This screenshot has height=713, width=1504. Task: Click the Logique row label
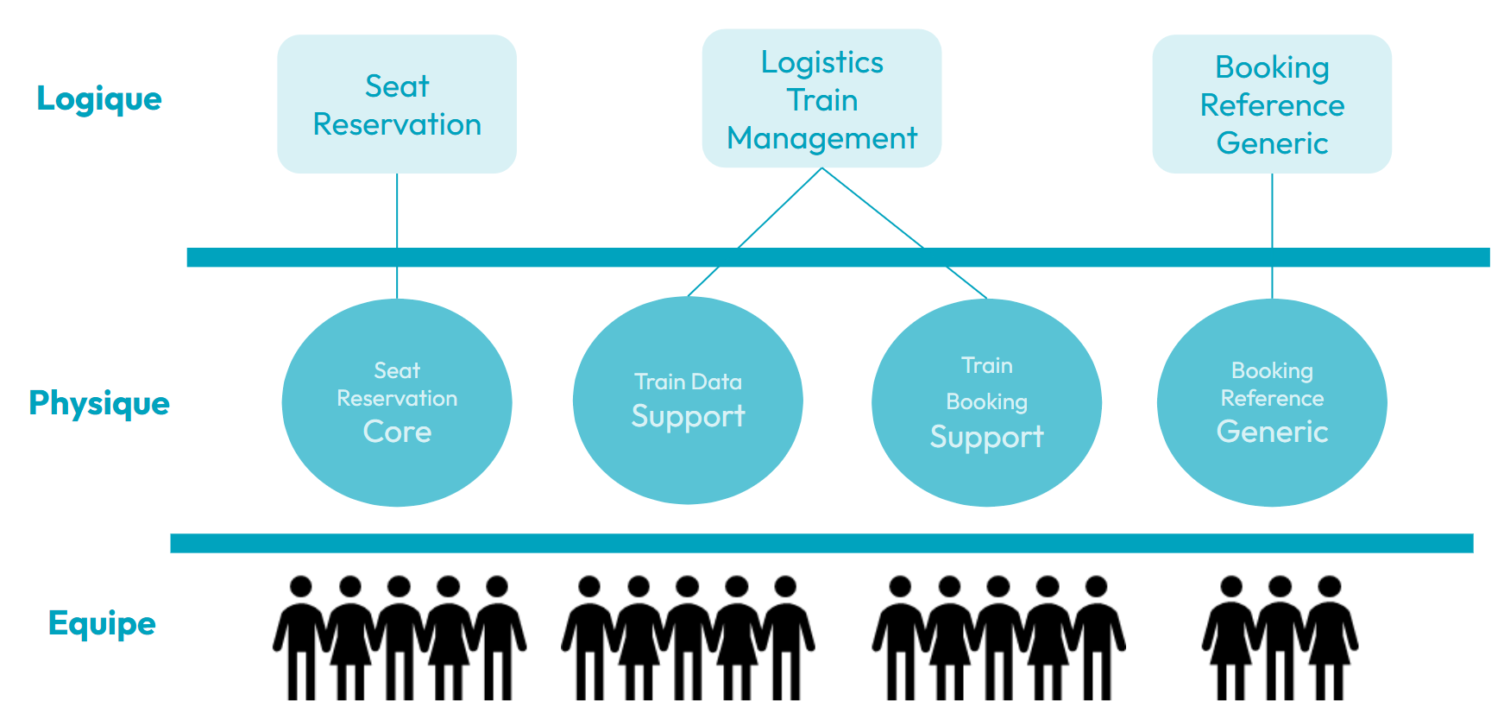(x=99, y=99)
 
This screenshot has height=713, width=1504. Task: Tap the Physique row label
(x=99, y=403)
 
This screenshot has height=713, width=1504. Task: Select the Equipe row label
(x=102, y=623)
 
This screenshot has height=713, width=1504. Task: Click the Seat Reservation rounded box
(x=397, y=104)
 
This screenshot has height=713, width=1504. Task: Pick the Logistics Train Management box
(x=821, y=98)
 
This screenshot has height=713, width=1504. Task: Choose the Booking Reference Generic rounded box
(x=1272, y=104)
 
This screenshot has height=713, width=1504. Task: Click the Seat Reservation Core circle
(x=397, y=402)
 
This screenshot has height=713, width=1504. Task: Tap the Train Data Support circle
(x=688, y=401)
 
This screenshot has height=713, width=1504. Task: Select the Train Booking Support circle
(x=986, y=402)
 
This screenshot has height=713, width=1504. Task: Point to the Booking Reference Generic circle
(x=1272, y=402)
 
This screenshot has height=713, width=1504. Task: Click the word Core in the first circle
(x=397, y=432)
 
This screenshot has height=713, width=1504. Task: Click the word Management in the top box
(x=821, y=138)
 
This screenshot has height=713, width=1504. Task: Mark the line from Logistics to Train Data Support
(x=755, y=232)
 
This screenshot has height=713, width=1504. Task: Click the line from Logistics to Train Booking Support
(x=904, y=233)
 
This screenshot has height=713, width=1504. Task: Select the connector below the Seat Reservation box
(x=397, y=236)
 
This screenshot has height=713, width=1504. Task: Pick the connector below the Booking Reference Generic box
(x=1272, y=236)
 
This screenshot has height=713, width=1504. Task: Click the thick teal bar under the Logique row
(x=839, y=257)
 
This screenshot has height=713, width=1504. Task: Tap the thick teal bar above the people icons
(x=821, y=543)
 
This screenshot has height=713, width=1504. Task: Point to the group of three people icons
(x=1281, y=638)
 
